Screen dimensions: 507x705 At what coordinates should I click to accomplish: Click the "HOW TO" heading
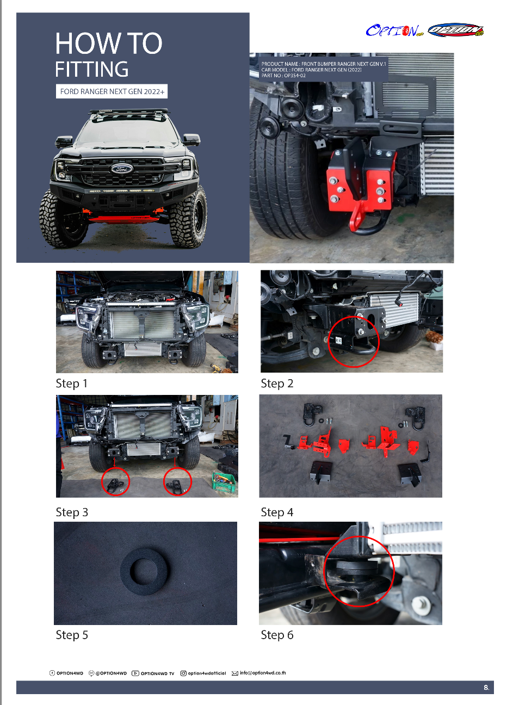point(109,43)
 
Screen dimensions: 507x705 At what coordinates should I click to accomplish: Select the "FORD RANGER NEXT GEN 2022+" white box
point(112,91)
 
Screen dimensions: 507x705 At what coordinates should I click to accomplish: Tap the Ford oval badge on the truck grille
point(122,169)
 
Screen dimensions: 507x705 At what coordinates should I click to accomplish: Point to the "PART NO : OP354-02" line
point(283,76)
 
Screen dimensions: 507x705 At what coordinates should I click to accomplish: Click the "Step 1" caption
point(71,384)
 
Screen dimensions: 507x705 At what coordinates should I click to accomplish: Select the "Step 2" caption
point(277,384)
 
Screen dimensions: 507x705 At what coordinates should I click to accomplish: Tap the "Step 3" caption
point(72,512)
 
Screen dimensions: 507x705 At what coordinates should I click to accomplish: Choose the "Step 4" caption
point(277,512)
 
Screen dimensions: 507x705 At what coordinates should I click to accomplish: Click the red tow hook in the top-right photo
point(356,217)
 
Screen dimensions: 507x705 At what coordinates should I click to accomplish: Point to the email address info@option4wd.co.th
point(263,673)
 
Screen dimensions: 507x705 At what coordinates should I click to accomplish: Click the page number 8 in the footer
point(486,688)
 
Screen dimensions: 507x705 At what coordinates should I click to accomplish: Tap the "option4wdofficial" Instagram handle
point(207,673)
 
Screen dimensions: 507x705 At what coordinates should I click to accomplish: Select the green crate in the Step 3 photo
point(224,481)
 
